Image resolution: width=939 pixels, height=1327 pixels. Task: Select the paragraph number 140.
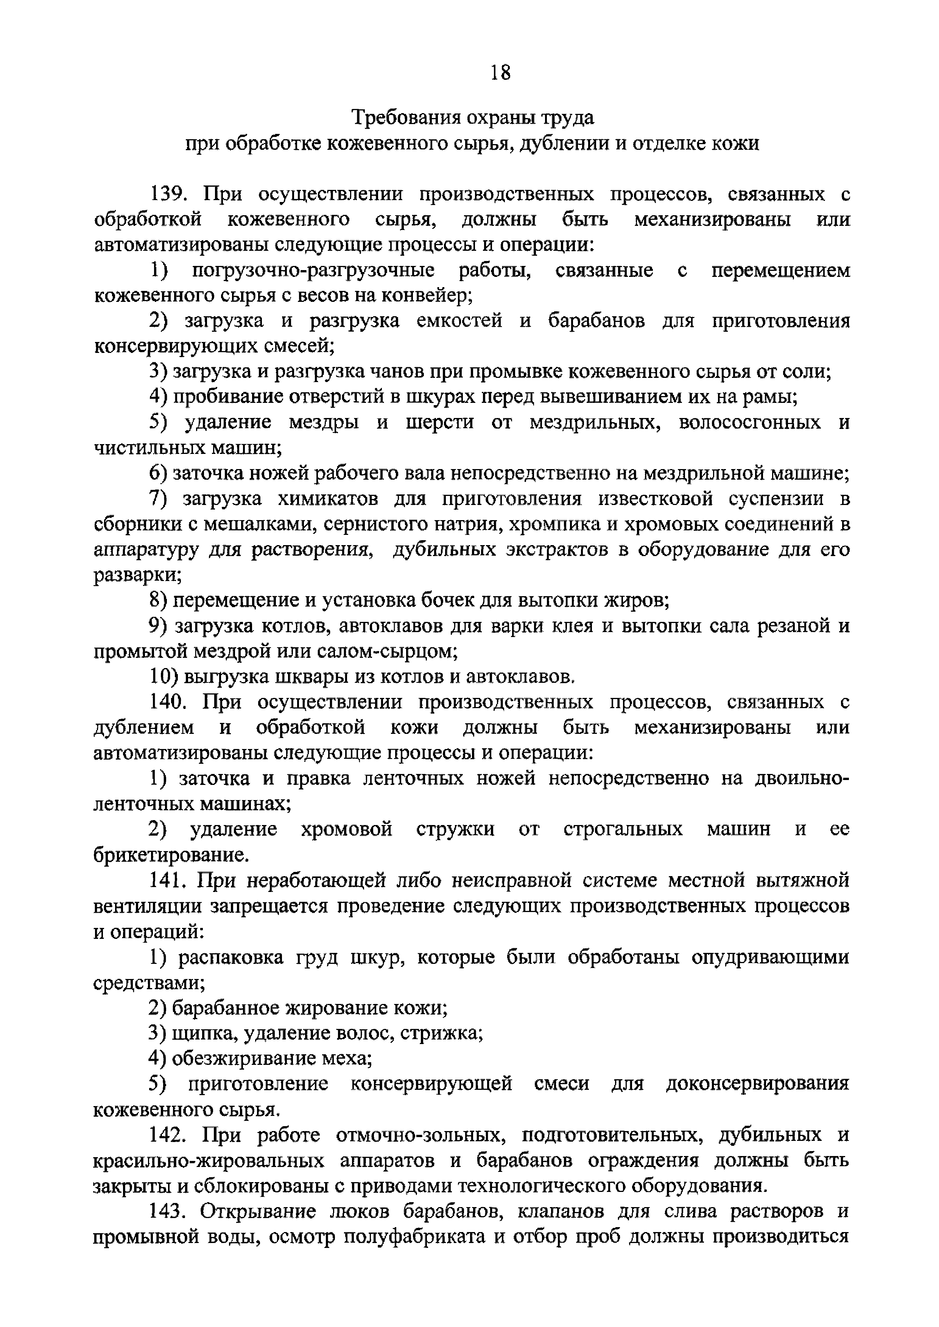pos(167,702)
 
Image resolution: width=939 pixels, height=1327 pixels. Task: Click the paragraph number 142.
pos(167,1134)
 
